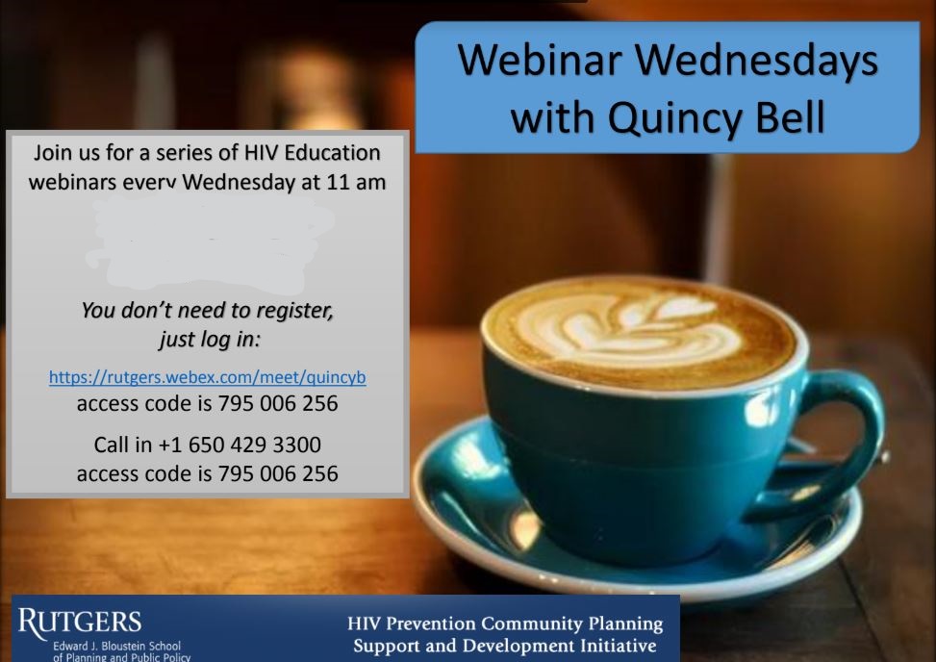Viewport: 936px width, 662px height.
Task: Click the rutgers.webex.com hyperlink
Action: pyautogui.click(x=207, y=377)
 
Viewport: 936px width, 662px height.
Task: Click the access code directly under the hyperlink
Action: pyautogui.click(x=278, y=403)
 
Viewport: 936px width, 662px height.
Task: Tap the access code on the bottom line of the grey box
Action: pyautogui.click(x=278, y=473)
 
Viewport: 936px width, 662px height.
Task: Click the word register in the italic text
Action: pyautogui.click(x=294, y=311)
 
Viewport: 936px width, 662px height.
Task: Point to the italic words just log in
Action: pyautogui.click(x=210, y=339)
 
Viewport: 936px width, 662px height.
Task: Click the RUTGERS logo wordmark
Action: pyautogui.click(x=80, y=622)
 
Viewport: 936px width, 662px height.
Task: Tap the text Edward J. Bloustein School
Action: pyautogui.click(x=117, y=646)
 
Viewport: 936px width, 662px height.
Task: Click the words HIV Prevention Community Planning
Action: pyautogui.click(x=505, y=624)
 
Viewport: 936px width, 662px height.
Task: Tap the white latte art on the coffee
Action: pyautogui.click(x=627, y=327)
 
